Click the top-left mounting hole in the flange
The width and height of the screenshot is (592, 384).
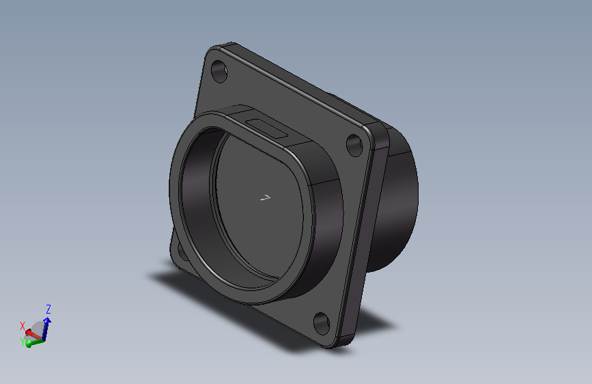(x=219, y=71)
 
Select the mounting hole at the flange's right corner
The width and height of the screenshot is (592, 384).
(x=354, y=145)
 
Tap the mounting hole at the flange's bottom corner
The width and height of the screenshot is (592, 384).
(x=322, y=323)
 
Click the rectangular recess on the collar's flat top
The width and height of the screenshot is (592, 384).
(x=266, y=128)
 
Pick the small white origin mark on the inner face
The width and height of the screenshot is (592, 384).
(x=266, y=197)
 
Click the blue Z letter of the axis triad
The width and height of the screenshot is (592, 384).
(x=48, y=309)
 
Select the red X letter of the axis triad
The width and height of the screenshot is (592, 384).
(x=23, y=326)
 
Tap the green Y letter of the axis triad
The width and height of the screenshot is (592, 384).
(x=23, y=342)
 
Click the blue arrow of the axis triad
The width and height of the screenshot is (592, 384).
(x=46, y=329)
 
